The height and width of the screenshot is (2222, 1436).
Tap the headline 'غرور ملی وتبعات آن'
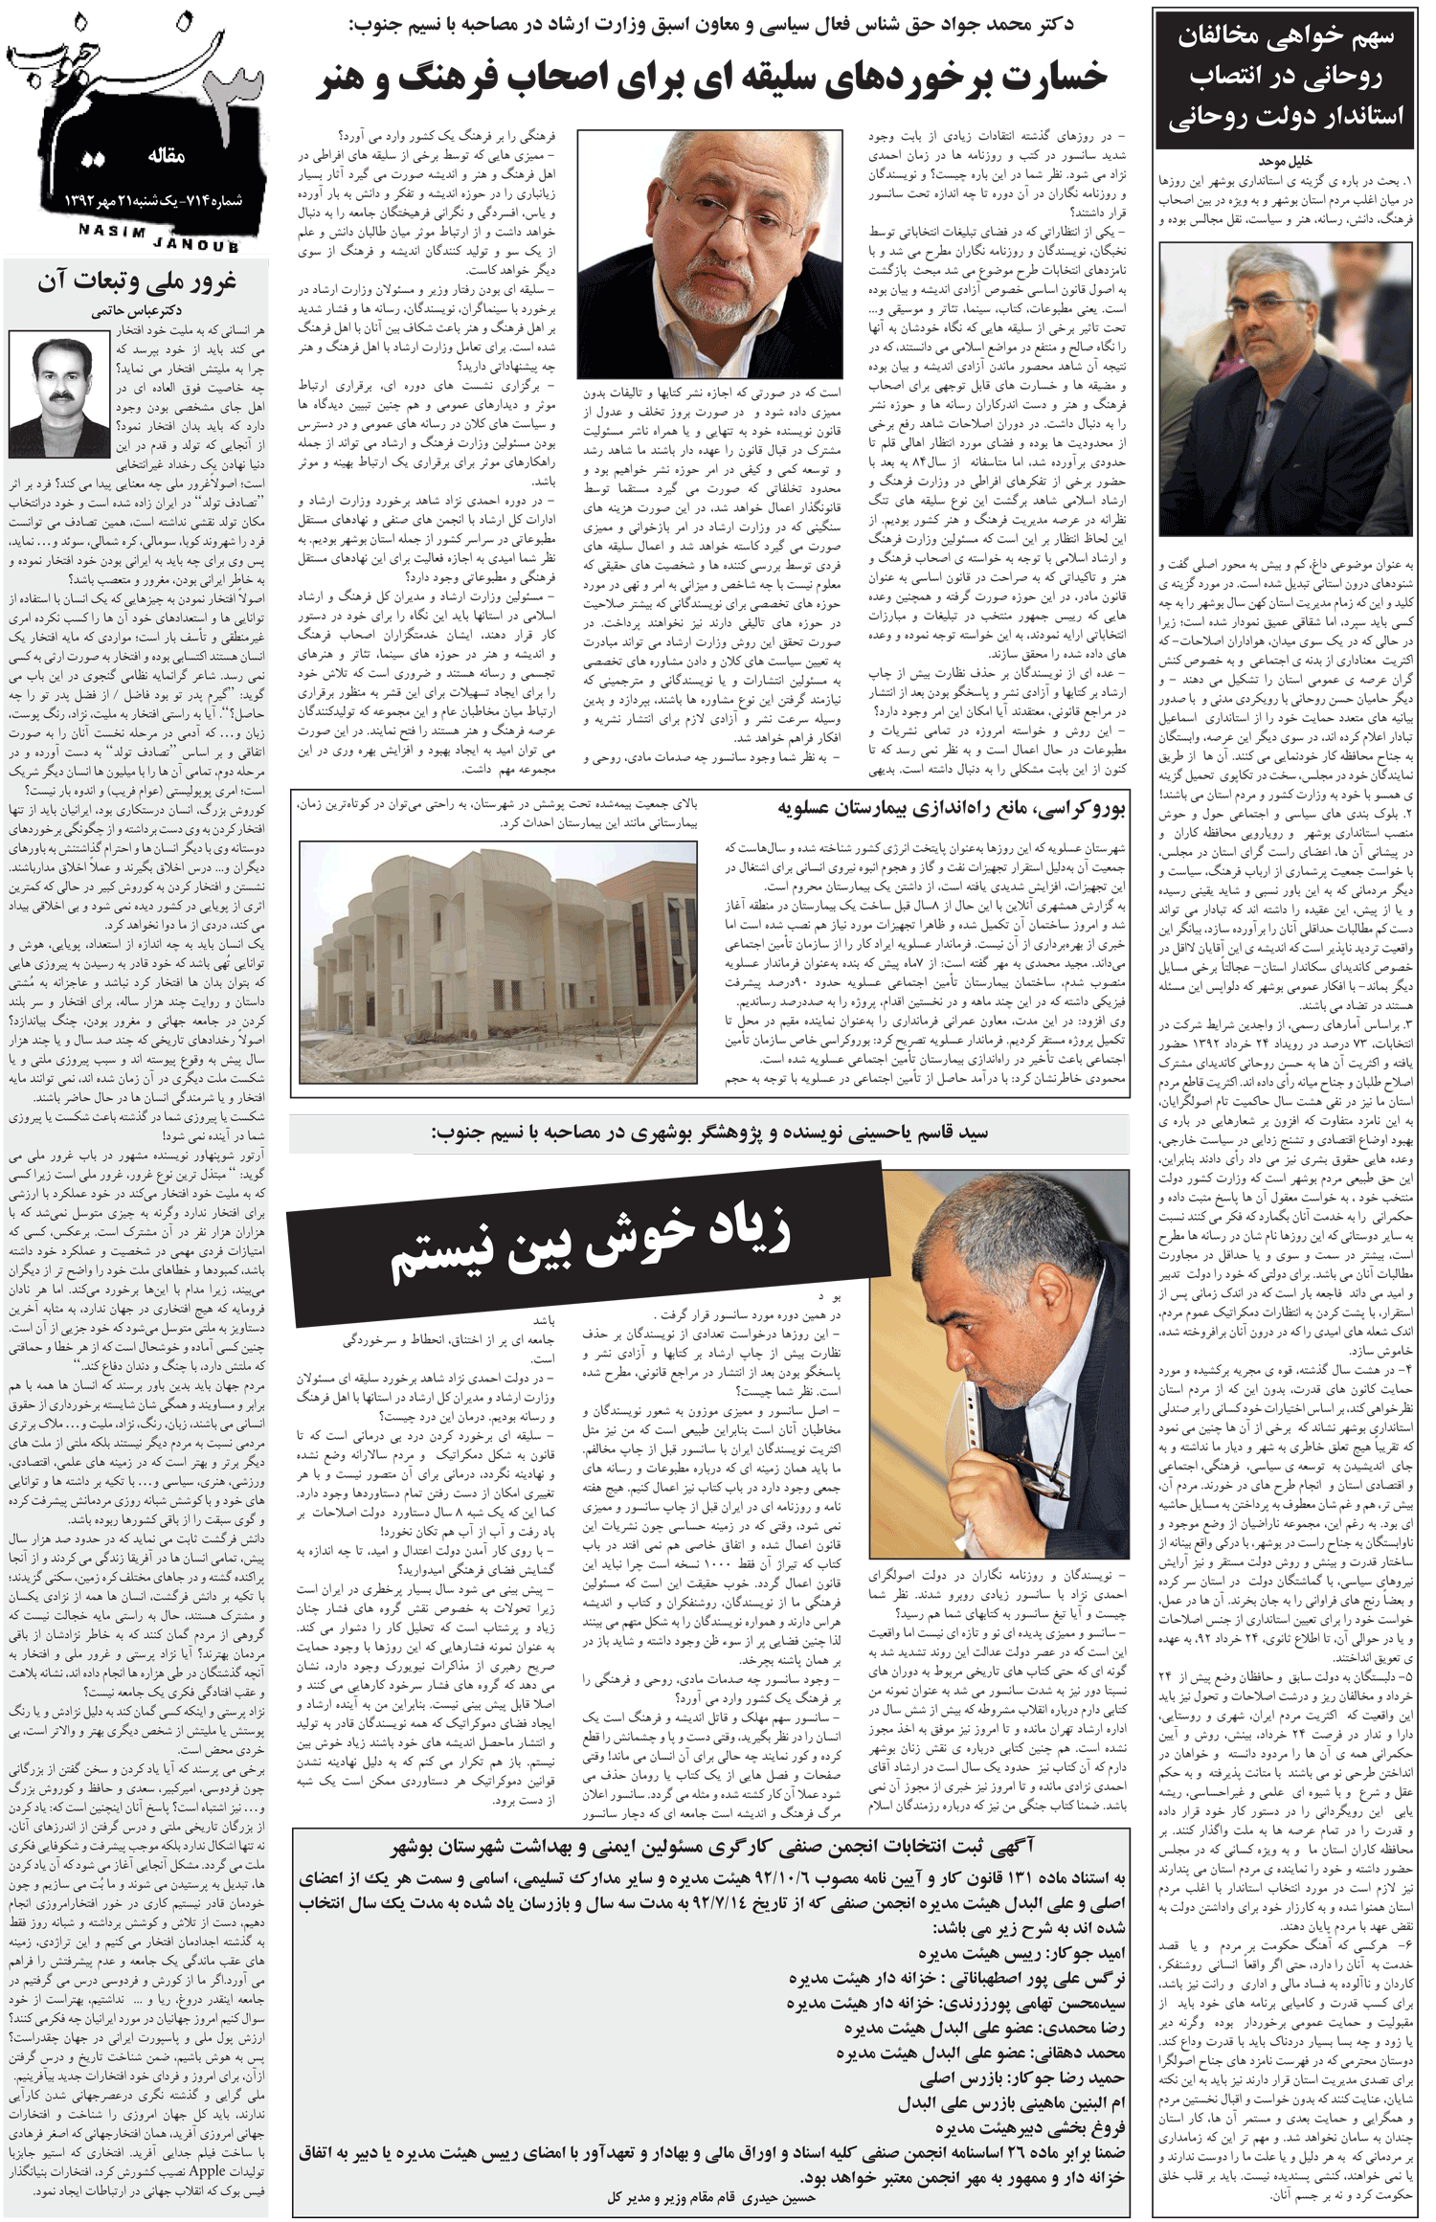click(x=137, y=281)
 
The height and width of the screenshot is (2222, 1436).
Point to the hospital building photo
click(x=498, y=961)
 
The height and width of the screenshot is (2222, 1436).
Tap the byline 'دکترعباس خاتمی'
click(x=137, y=310)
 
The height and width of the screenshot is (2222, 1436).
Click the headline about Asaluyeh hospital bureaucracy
click(x=953, y=809)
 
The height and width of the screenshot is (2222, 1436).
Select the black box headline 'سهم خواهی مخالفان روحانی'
click(x=1285, y=77)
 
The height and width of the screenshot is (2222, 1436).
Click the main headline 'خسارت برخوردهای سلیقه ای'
click(x=711, y=79)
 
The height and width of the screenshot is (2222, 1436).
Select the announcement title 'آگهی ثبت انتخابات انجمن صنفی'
click(x=711, y=1846)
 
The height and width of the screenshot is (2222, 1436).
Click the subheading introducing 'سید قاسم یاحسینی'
click(x=709, y=1133)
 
